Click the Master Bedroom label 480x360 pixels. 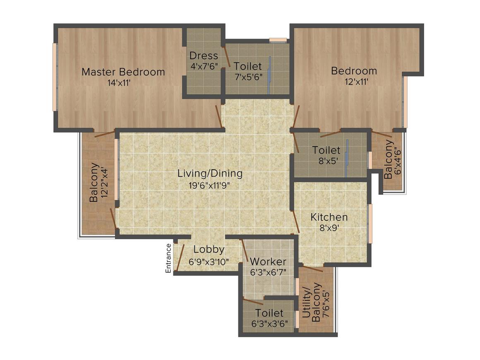[123, 72]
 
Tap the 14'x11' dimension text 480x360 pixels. [120, 83]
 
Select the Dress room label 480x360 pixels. [204, 55]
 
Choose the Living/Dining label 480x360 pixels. [210, 173]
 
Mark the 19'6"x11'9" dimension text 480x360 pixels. [209, 185]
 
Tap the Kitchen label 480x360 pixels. [329, 217]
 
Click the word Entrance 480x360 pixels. [168, 258]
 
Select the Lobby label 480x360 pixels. [209, 250]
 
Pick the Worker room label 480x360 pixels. [268, 262]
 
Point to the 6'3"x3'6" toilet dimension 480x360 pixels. [269, 324]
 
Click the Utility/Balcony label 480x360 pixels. [312, 302]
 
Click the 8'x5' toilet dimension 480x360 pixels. [326, 161]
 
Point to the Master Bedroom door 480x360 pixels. [218, 116]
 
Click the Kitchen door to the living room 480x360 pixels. [295, 221]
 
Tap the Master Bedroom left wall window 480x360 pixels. [54, 77]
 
